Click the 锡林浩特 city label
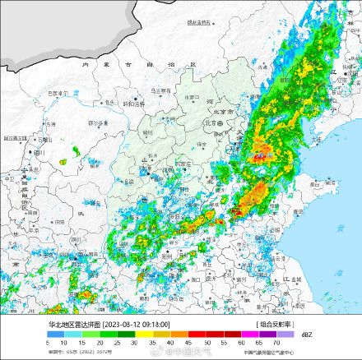coord(200,23)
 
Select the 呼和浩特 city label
coord(134,104)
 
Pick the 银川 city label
coord(40,154)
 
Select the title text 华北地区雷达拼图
coord(73,325)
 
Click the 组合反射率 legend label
coord(275,325)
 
